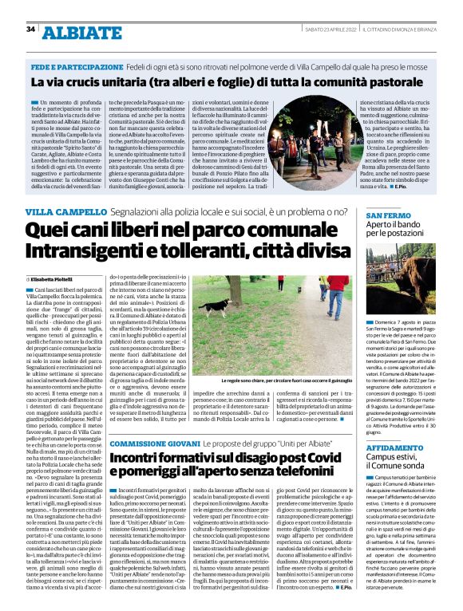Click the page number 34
[31, 30]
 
